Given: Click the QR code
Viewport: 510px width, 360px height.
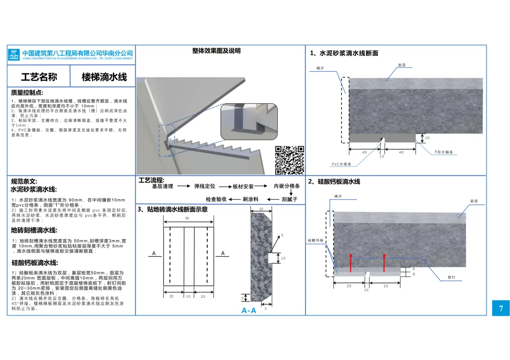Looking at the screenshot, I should click(x=289, y=160).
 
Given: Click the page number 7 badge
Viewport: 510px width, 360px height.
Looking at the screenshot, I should click(x=501, y=309).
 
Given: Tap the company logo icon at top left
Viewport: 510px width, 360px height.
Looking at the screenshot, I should click(x=15, y=55).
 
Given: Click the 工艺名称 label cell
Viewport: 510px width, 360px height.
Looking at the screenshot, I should click(x=39, y=77).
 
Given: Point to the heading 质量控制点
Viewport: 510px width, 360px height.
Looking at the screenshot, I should click(x=27, y=93).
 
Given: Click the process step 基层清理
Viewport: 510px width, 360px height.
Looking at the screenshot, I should click(x=162, y=186).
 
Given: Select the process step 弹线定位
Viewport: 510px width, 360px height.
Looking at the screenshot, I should click(x=204, y=186).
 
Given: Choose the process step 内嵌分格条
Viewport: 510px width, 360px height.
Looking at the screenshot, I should click(x=287, y=186).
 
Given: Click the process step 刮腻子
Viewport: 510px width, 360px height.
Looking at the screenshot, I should click(x=289, y=200).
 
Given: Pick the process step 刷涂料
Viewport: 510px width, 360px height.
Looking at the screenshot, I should click(x=251, y=200).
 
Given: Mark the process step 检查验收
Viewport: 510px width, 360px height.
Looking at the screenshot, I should click(x=216, y=200).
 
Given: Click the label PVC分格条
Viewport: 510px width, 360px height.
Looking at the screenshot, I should click(x=341, y=164).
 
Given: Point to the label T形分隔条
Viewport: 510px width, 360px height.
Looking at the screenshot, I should click(x=444, y=152).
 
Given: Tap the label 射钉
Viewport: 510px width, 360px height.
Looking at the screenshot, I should click(x=451, y=277).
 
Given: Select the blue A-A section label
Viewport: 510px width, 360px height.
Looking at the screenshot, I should click(x=249, y=310).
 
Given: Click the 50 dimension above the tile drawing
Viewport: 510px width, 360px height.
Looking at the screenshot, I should click(x=187, y=218).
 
